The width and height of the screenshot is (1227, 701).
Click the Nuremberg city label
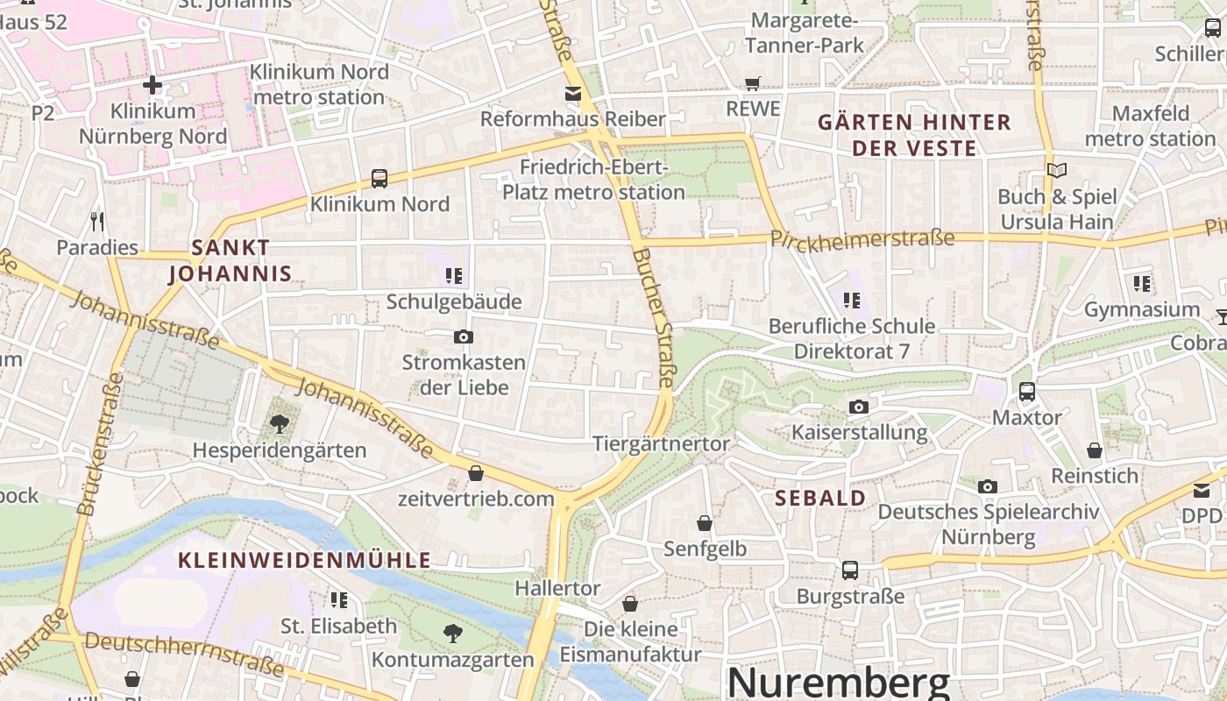(x=839, y=683)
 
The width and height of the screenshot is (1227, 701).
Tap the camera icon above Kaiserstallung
(x=859, y=407)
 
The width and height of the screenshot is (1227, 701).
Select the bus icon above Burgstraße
(x=849, y=570)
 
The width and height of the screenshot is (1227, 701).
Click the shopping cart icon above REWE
(x=752, y=83)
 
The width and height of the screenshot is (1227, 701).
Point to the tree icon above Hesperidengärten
(x=280, y=425)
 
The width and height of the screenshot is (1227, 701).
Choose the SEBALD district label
(x=821, y=498)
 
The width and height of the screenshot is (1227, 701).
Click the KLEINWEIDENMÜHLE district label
(x=305, y=560)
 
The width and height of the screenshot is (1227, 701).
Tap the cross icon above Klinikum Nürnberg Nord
(x=152, y=85)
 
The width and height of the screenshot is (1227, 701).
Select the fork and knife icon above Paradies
(x=97, y=222)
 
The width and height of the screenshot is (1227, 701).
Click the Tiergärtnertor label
(x=661, y=443)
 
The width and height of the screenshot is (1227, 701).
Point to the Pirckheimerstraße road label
(x=862, y=239)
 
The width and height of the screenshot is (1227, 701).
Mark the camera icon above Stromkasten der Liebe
(x=464, y=336)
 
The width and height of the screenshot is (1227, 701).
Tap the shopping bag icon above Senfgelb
(x=705, y=523)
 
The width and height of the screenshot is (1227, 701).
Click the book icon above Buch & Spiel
(x=1057, y=170)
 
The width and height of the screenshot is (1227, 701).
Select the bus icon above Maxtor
(x=1026, y=392)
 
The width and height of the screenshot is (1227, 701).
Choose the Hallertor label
(x=557, y=587)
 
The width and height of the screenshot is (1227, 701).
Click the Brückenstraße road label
(x=98, y=444)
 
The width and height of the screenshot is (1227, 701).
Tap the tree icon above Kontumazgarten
(x=453, y=633)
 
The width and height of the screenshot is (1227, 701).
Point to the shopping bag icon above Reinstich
(x=1095, y=450)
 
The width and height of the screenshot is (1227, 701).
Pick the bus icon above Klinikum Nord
(x=379, y=178)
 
